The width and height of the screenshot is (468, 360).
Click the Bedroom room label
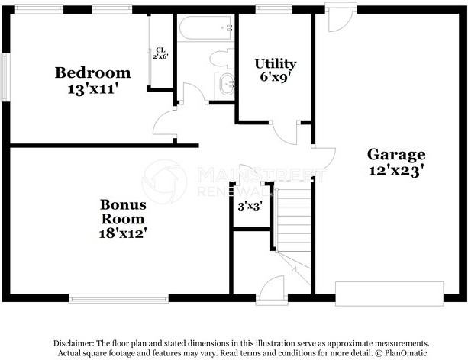tap(92, 73)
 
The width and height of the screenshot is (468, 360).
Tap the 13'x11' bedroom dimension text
tap(92, 88)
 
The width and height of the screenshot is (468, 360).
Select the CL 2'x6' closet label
tap(160, 53)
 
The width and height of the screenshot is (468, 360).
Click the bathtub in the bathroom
tap(205, 31)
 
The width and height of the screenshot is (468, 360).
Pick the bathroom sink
tap(227, 84)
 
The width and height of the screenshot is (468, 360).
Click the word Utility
tap(276, 63)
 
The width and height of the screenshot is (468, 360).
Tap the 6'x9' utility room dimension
tap(276, 77)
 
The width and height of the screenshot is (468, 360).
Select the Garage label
tap(395, 155)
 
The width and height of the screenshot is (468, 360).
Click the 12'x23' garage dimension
tap(395, 171)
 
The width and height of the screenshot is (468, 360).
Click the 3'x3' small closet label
tap(250, 206)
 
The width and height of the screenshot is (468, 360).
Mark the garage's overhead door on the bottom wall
tap(389, 293)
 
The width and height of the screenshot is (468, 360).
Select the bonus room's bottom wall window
tap(118, 299)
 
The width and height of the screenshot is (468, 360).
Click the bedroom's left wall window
tap(7, 76)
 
